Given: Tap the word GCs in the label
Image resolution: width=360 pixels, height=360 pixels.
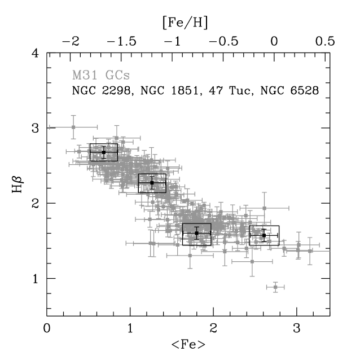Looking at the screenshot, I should pyautogui.click(x=117, y=75).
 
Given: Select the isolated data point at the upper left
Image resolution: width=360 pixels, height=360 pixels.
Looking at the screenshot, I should pyautogui.click(x=73, y=127).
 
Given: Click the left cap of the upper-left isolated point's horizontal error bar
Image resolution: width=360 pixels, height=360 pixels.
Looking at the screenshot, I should pyautogui.click(x=50, y=127).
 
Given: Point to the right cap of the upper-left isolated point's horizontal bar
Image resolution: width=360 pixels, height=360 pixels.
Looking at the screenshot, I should pyautogui.click(x=96, y=127).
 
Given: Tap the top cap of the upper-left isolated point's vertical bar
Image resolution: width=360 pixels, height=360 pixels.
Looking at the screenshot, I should pyautogui.click(x=73, y=116).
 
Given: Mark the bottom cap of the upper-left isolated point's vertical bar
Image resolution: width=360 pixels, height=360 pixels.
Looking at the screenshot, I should pyautogui.click(x=73, y=138).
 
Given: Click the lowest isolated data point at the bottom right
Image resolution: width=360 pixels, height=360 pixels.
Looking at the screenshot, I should pyautogui.click(x=275, y=287).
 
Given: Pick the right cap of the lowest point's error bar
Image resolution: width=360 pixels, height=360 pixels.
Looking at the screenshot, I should pyautogui.click(x=284, y=287).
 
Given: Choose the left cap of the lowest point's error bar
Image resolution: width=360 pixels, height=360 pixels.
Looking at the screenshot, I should pyautogui.click(x=267, y=287).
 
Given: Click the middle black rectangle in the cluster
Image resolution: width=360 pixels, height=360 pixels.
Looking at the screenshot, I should pyautogui.click(x=152, y=183).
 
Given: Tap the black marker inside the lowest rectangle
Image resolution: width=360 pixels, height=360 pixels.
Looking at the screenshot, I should pyautogui.click(x=196, y=232).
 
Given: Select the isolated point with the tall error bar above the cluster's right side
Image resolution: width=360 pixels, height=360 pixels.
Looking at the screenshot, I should pyautogui.click(x=264, y=208).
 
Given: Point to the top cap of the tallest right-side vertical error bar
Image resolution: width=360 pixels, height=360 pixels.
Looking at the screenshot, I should pyautogui.click(x=264, y=192).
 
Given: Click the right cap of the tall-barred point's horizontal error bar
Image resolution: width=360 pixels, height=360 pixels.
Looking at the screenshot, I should pyautogui.click(x=288, y=208).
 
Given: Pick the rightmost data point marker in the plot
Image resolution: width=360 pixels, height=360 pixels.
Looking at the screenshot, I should pyautogui.click(x=310, y=251).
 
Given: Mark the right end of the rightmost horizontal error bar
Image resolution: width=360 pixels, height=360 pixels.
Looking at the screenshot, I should pyautogui.click(x=329, y=251).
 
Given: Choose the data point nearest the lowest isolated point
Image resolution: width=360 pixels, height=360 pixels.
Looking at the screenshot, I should pyautogui.click(x=252, y=261).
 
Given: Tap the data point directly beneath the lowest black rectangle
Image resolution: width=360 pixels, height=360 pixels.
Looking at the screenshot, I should pyautogui.click(x=190, y=255).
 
